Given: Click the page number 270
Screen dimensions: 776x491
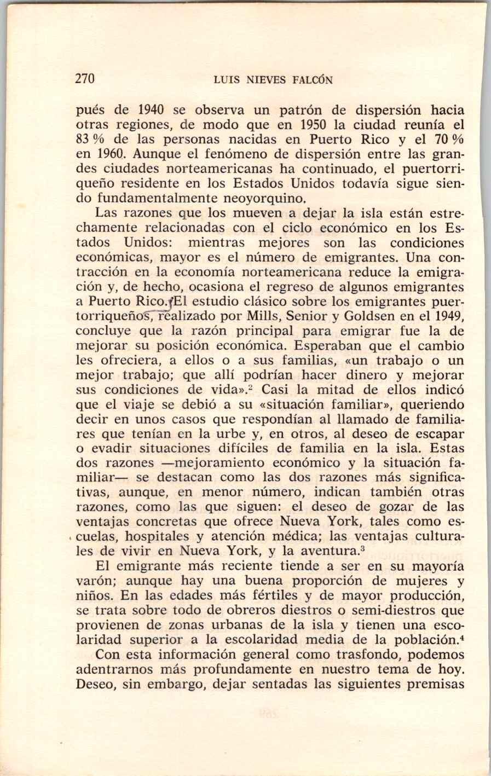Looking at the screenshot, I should (x=85, y=79).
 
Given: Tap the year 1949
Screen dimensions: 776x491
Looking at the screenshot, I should (x=449, y=316).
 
